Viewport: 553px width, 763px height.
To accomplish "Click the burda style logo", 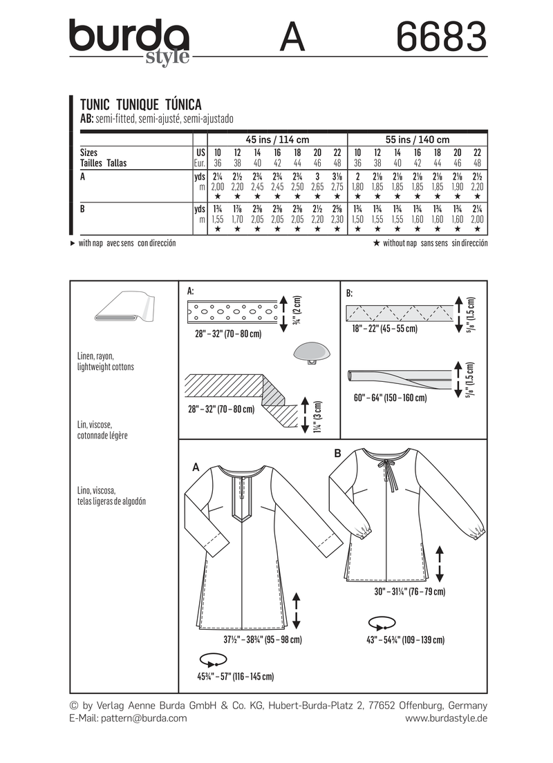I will pyautogui.click(x=129, y=39).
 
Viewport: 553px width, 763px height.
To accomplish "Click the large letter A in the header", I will pyautogui.click(x=292, y=37).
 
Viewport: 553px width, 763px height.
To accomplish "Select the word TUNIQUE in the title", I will pyautogui.click(x=135, y=104).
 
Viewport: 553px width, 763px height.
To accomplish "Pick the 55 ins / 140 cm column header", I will pyautogui.click(x=417, y=139).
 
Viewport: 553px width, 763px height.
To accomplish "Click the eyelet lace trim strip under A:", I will pyautogui.click(x=231, y=311).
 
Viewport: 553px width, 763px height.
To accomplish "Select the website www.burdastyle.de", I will pyautogui.click(x=446, y=718).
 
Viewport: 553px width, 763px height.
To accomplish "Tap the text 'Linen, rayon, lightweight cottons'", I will pyautogui.click(x=106, y=361).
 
